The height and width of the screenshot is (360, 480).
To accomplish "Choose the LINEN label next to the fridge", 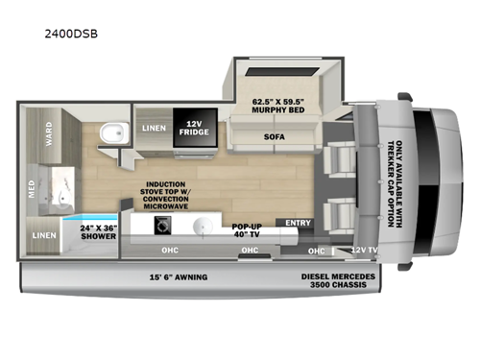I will point(152,128).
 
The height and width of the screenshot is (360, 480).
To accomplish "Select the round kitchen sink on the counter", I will point(204,228).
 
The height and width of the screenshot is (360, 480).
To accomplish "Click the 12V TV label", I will point(363,250).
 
